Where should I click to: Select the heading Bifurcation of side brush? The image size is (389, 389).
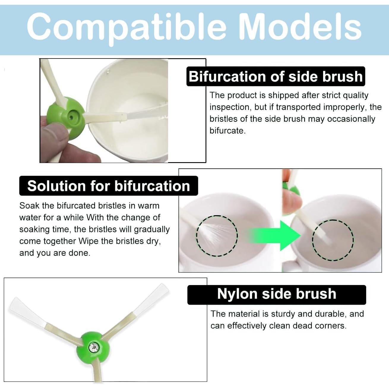[276, 77]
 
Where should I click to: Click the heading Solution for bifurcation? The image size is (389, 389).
[109, 186]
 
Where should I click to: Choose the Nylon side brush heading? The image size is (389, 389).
[276, 294]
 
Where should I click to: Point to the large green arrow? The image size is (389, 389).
[275, 235]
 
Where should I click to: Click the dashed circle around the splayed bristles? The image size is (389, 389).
[217, 236]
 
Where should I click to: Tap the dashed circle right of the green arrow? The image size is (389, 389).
[333, 240]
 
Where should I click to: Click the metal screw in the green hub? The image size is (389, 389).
[94, 348]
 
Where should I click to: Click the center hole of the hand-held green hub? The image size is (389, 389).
[71, 117]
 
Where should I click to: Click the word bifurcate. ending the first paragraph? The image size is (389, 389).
[227, 131]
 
